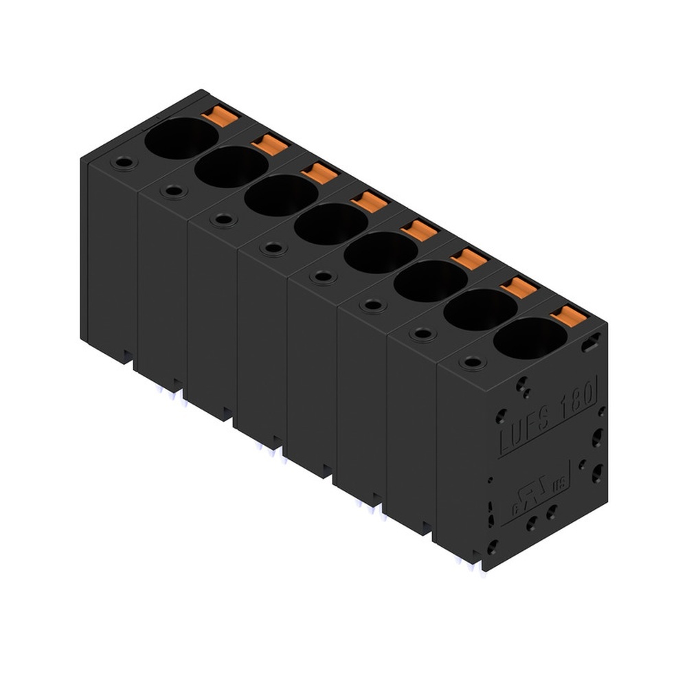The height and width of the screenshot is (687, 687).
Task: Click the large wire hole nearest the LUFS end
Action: [x=530, y=337]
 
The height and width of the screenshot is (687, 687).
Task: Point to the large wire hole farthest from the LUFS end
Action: [x=181, y=137]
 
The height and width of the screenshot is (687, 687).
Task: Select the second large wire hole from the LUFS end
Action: [x=480, y=309]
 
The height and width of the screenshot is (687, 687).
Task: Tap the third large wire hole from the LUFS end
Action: [x=430, y=280]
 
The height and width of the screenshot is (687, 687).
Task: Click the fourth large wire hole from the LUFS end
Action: [x=381, y=252]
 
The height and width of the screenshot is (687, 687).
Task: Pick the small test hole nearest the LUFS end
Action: [x=473, y=362]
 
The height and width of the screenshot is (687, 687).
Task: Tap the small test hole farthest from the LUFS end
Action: [x=124, y=163]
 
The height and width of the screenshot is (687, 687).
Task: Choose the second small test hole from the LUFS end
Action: [x=423, y=334]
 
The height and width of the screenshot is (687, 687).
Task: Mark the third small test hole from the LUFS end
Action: [x=373, y=305]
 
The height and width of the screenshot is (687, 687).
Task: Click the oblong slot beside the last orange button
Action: [x=590, y=344]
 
